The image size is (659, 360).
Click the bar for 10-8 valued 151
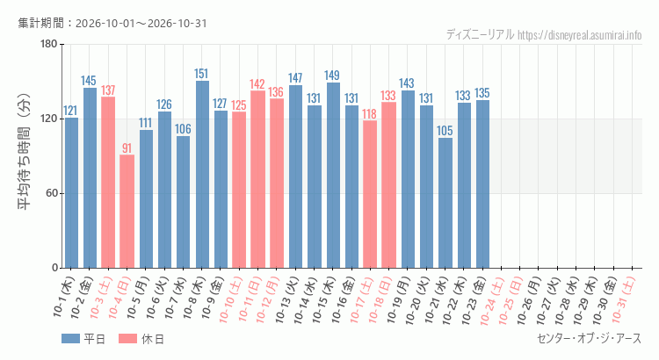[202, 175]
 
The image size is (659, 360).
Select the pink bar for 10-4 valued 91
[127, 212]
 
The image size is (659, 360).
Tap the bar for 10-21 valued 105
[445, 203]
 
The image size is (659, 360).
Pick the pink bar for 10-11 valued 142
[257, 179]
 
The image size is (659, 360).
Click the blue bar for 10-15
[333, 175]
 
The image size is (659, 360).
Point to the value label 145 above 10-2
[89, 81]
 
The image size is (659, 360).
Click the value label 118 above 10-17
[369, 114]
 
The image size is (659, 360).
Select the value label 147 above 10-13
[295, 78]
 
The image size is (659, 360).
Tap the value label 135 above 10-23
[482, 93]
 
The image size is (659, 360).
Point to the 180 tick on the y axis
[48, 44]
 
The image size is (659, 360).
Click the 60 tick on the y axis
[52, 193]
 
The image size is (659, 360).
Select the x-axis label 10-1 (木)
[64, 297]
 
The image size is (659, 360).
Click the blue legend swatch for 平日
[70, 339]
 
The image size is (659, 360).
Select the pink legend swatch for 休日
[127, 339]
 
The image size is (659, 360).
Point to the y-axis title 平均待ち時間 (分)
[25, 152]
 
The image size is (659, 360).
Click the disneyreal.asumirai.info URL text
[580, 35]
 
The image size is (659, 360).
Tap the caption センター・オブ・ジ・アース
[590, 338]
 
